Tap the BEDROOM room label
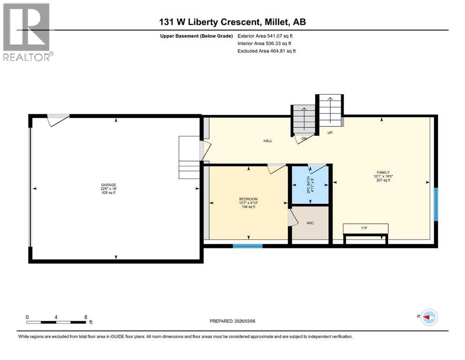pos(248,199)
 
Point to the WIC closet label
pos(310,223)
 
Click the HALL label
pos(268,141)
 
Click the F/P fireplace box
pos(365,228)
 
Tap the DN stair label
pos(303,139)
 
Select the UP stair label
pos(330,133)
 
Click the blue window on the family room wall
pos(435,204)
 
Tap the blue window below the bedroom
pos(248,245)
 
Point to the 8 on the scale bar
pos(85,317)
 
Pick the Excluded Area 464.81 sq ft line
pos(266,51)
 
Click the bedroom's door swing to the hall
pos(276,169)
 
